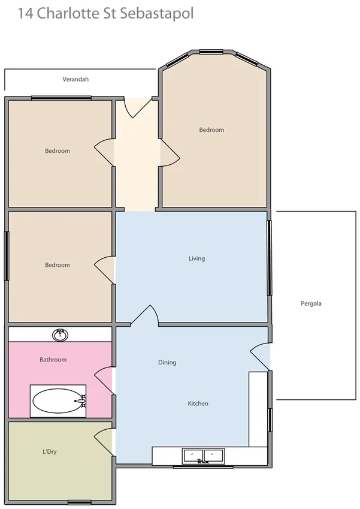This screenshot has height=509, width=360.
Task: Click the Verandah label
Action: click(75, 79)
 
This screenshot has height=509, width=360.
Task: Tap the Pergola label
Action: click(311, 303)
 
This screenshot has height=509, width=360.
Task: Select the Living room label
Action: click(196, 258)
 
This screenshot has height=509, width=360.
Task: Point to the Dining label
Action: click(167, 362)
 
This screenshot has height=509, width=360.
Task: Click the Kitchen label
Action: click(198, 403)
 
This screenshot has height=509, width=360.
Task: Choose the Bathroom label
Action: click(53, 360)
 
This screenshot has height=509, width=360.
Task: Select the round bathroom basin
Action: click(60, 335)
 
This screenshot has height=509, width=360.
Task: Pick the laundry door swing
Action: click(105, 442)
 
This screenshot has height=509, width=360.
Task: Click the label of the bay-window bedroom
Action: click(211, 129)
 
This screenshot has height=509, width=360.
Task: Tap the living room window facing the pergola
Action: click(270, 258)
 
